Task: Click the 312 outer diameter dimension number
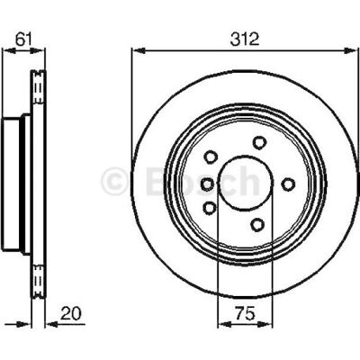coord(245,40)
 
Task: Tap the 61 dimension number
coord(23,40)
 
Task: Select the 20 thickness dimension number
coord(71,313)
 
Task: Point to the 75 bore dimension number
coord(245,313)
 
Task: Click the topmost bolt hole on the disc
coord(259,142)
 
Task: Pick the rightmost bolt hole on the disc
coord(288,184)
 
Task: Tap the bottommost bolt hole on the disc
coord(257,224)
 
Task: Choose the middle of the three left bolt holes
coord(208,184)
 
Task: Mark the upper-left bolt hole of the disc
coord(211,157)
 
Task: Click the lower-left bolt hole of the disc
coord(210,208)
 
